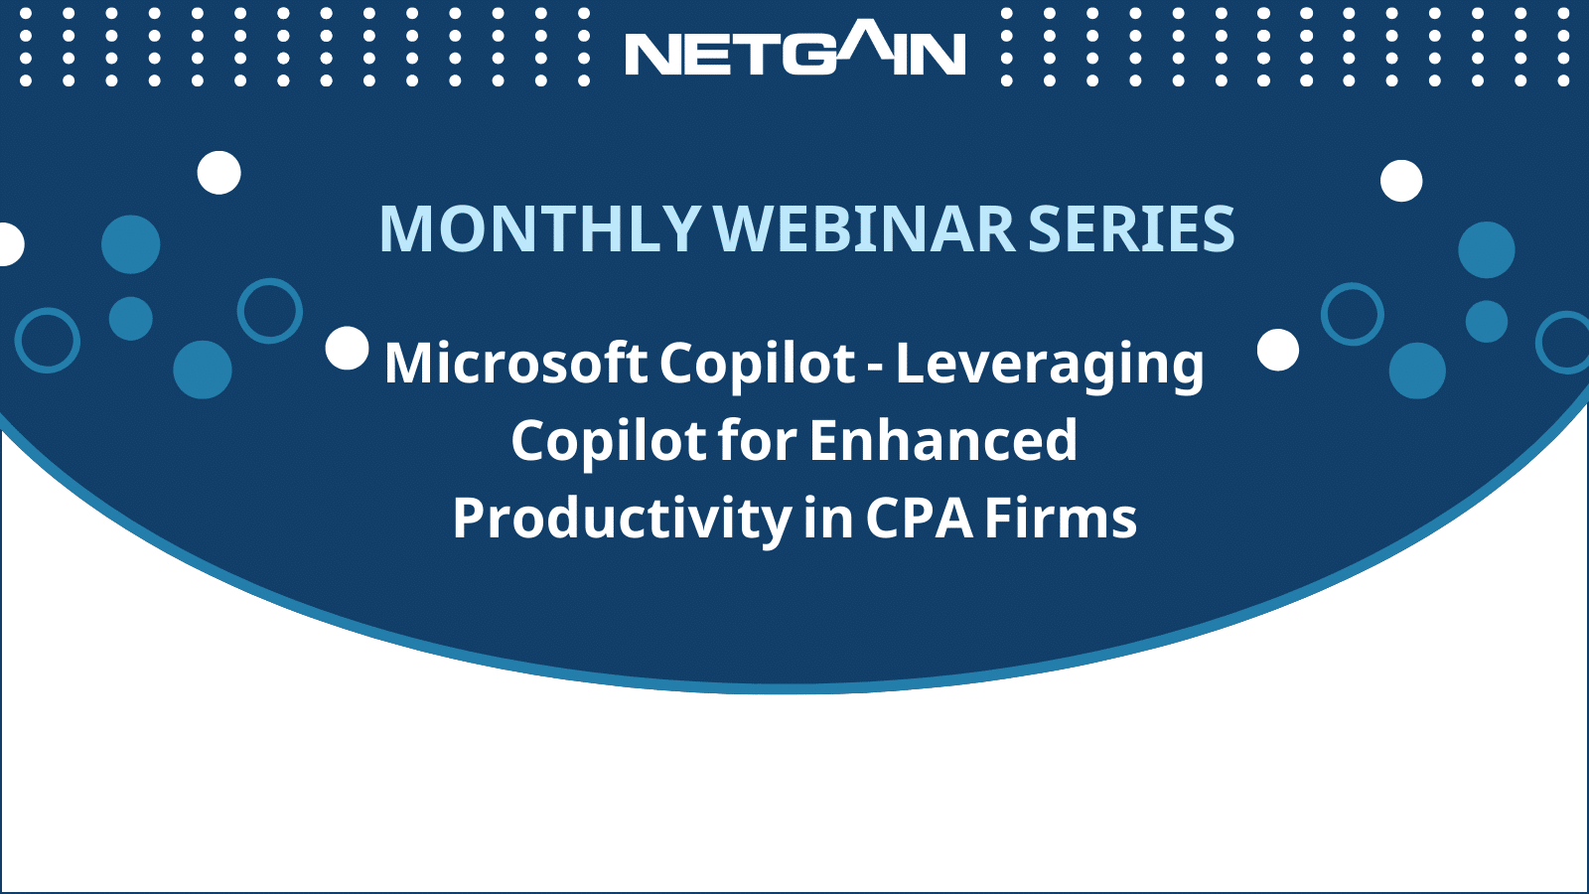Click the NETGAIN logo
[795, 48]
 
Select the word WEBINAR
[865, 228]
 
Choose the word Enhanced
[943, 440]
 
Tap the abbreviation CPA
[920, 518]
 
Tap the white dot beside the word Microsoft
[347, 349]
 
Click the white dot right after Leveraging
[1278, 350]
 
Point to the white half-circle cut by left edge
[11, 244]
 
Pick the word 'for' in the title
[758, 440]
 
